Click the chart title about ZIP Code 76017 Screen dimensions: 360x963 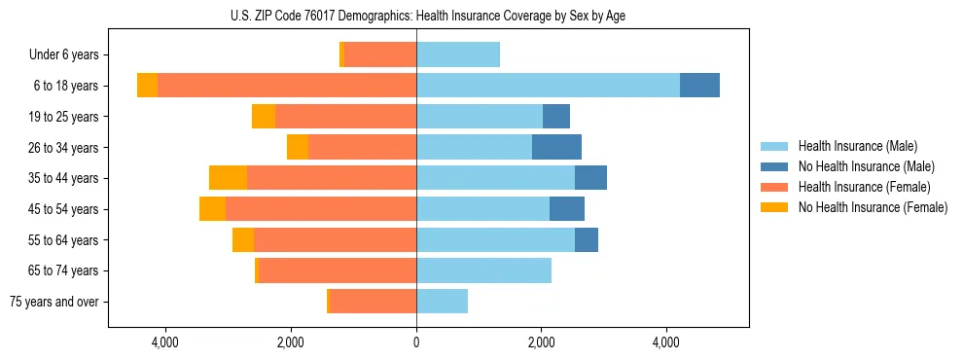click(427, 16)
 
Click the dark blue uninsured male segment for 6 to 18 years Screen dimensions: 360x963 click(699, 86)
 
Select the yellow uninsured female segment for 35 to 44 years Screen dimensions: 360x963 click(228, 178)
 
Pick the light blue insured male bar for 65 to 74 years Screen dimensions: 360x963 click(483, 270)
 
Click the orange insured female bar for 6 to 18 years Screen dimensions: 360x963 click(287, 86)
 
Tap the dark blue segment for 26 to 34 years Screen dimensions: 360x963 click(556, 147)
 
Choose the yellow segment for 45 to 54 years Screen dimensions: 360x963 click(212, 209)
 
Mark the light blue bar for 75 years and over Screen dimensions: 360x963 click(442, 302)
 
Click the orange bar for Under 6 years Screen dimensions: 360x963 click(380, 54)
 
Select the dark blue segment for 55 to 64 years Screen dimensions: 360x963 click(587, 239)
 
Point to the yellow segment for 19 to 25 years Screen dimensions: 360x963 click(264, 117)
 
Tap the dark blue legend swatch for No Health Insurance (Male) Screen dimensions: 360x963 click(774, 166)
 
